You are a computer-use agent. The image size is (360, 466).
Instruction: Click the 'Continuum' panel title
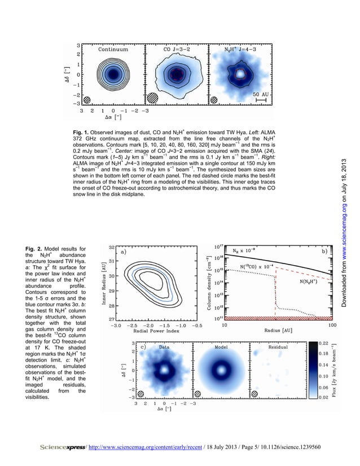click(113, 49)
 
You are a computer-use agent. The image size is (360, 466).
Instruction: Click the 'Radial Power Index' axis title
click(147, 332)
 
